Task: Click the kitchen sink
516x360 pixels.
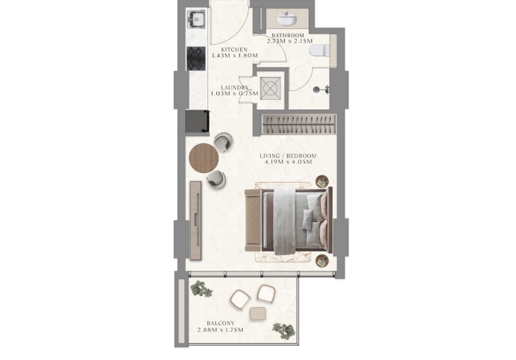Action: pos(196,19)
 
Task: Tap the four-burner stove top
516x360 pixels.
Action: pos(196,59)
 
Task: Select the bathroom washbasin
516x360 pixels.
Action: pos(286,19)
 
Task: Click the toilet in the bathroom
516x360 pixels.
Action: pos(319,51)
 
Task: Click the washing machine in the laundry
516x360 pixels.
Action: pos(271,88)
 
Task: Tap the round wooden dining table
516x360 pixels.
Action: pos(204,158)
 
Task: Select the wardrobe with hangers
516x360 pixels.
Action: pos(299,124)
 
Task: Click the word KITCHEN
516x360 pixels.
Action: pos(234,50)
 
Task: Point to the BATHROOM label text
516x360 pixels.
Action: pos(288,36)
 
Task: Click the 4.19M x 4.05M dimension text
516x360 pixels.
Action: pos(288,162)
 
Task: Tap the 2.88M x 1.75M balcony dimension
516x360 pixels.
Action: pos(221,329)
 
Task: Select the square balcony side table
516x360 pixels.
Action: pos(258,314)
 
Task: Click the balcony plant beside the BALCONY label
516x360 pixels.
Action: pos(283,330)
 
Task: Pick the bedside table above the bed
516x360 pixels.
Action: pos(322,181)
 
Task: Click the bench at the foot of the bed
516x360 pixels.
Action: pos(253,221)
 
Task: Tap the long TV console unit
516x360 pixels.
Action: pos(195,221)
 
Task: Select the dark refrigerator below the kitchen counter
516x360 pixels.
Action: pos(197,121)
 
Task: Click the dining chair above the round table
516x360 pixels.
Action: pos(223,142)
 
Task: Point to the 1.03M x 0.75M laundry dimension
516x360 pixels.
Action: pos(235,93)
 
